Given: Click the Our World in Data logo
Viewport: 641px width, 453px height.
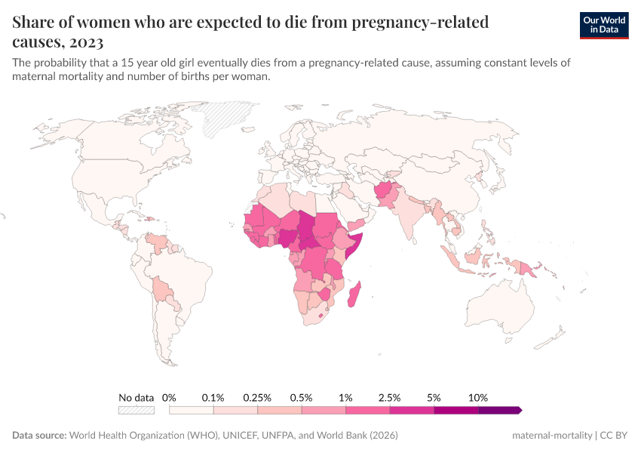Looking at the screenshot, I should (604, 25).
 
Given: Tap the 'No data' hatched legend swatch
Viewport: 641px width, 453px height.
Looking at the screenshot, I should (136, 410).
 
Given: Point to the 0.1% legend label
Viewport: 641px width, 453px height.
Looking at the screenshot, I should (213, 397).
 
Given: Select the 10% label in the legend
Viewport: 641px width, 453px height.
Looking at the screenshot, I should (478, 397).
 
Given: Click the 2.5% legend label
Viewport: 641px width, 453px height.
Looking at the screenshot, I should (390, 397).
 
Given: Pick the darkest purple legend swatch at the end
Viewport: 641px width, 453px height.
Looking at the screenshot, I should (499, 410).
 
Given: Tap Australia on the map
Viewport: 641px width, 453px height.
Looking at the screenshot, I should (500, 311).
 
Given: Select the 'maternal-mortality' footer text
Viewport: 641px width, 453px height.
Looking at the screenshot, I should (551, 436).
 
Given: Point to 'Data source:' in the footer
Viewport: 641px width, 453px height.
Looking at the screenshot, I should (39, 436).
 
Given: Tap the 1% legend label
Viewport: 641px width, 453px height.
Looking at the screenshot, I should (346, 397).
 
